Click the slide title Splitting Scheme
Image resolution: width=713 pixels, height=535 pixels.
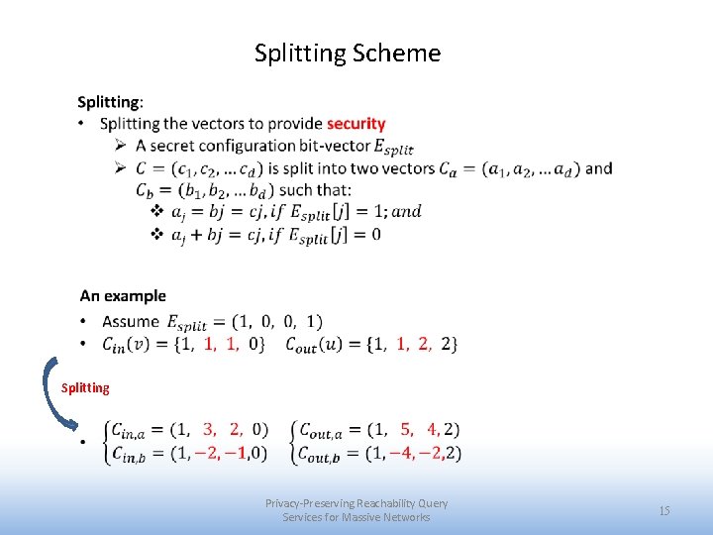click(x=347, y=53)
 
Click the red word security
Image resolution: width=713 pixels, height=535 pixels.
click(x=356, y=124)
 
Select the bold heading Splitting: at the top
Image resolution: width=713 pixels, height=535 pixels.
click(x=110, y=102)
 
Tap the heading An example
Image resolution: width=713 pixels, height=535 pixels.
click(x=123, y=295)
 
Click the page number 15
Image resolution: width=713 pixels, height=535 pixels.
click(x=664, y=510)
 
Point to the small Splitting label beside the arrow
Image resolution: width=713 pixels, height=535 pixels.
click(x=85, y=387)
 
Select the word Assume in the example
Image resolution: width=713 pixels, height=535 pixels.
click(x=130, y=321)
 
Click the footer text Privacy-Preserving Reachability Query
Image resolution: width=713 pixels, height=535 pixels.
click(x=356, y=503)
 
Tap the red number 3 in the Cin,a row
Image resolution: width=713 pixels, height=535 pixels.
click(x=209, y=429)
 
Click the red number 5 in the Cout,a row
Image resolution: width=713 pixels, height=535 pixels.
click(x=406, y=429)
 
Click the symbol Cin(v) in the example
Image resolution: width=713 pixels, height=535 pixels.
click(x=127, y=344)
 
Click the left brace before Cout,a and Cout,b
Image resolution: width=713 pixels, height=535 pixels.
click(x=292, y=441)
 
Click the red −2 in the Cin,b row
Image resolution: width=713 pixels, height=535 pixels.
click(x=209, y=453)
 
